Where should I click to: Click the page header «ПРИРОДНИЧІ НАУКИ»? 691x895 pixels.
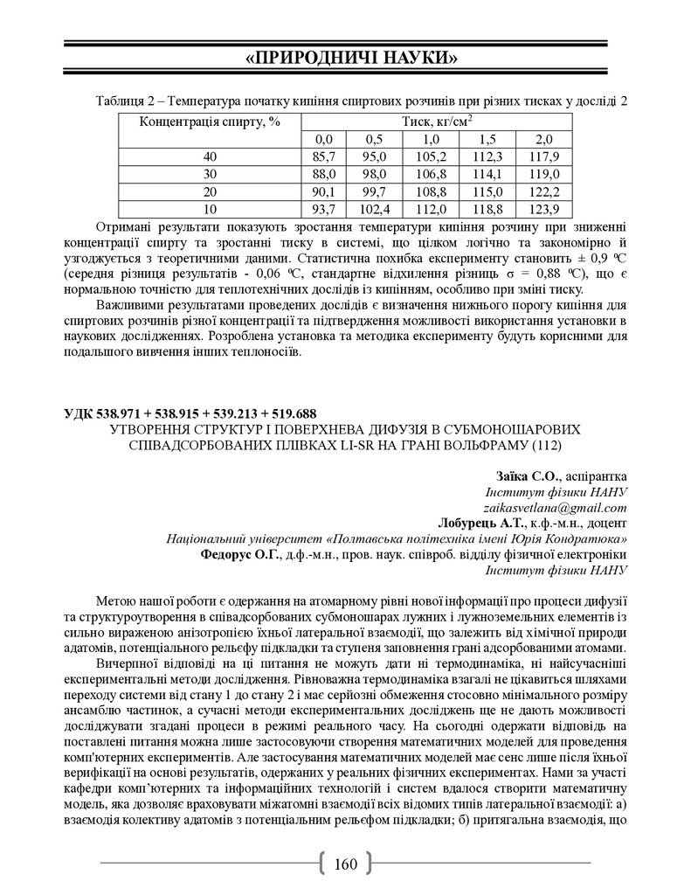345,59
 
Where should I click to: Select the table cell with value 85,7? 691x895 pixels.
323,156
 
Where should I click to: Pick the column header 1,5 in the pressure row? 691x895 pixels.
484,139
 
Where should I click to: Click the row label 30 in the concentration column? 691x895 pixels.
210,174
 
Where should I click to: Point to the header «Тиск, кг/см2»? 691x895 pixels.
437,121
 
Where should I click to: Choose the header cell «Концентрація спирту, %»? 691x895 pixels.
210,121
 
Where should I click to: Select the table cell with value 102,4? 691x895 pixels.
374,209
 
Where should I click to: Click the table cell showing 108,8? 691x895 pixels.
430,191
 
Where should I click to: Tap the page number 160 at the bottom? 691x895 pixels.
346,864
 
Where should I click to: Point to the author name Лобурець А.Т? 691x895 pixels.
487,523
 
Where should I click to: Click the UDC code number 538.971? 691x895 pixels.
128,413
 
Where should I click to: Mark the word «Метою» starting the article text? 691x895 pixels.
115,602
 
